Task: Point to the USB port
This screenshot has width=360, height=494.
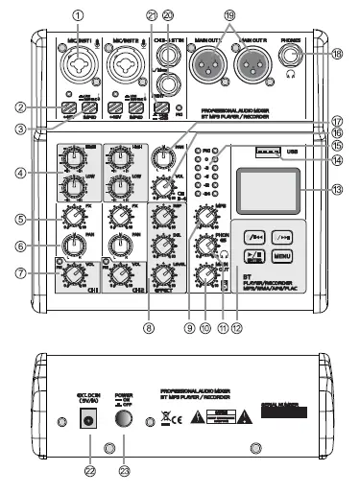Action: point(267,152)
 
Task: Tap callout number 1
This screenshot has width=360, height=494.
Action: point(79,14)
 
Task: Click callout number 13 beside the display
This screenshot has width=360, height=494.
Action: point(335,190)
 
